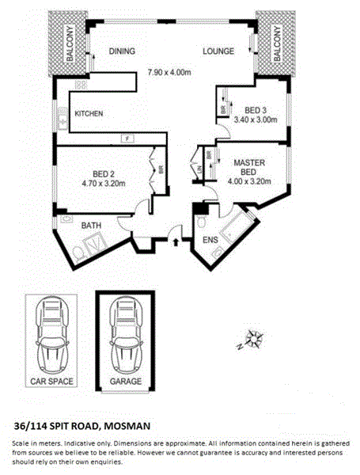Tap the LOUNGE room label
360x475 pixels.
[218, 51]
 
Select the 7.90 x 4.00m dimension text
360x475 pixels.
[169, 73]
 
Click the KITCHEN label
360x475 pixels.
[89, 114]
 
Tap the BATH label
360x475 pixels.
[92, 226]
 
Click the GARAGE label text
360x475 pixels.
[127, 380]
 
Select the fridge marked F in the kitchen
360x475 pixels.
[124, 139]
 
